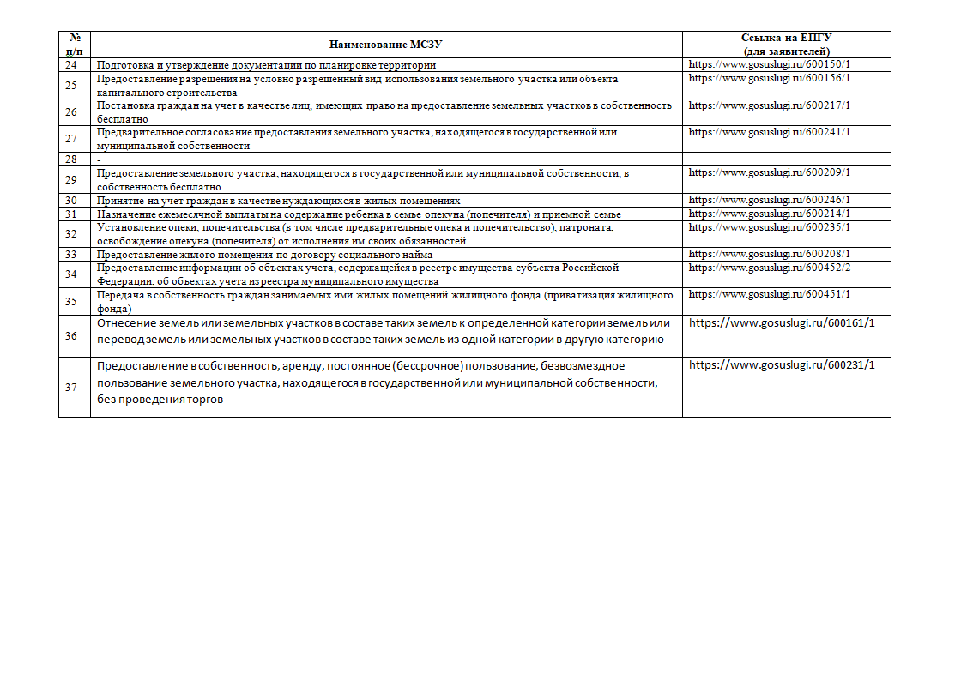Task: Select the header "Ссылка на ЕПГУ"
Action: coord(786,39)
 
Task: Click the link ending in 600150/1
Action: coord(769,64)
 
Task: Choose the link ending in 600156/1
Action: coord(769,78)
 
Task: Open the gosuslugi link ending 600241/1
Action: coord(769,132)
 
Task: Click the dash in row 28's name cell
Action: coord(100,159)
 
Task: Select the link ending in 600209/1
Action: coord(769,172)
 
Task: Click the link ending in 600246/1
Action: coord(769,200)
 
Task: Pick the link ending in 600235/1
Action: coord(769,227)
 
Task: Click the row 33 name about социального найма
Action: coord(264,255)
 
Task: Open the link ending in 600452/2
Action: coord(769,268)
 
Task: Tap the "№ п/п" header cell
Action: coord(74,45)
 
